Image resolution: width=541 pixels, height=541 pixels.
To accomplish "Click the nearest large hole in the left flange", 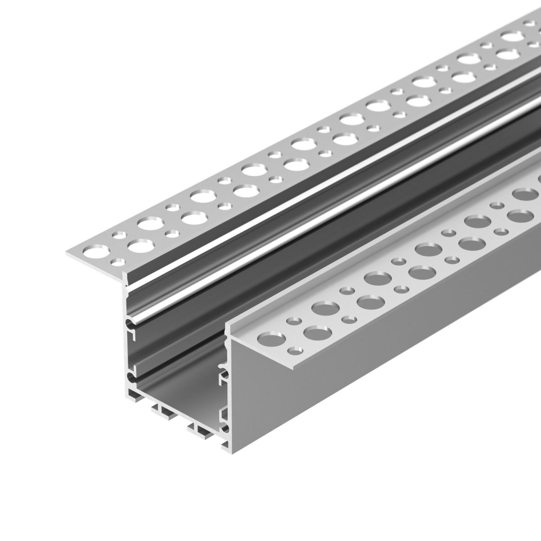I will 96,252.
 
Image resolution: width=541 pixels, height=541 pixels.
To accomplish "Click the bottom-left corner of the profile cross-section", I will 128,397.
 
